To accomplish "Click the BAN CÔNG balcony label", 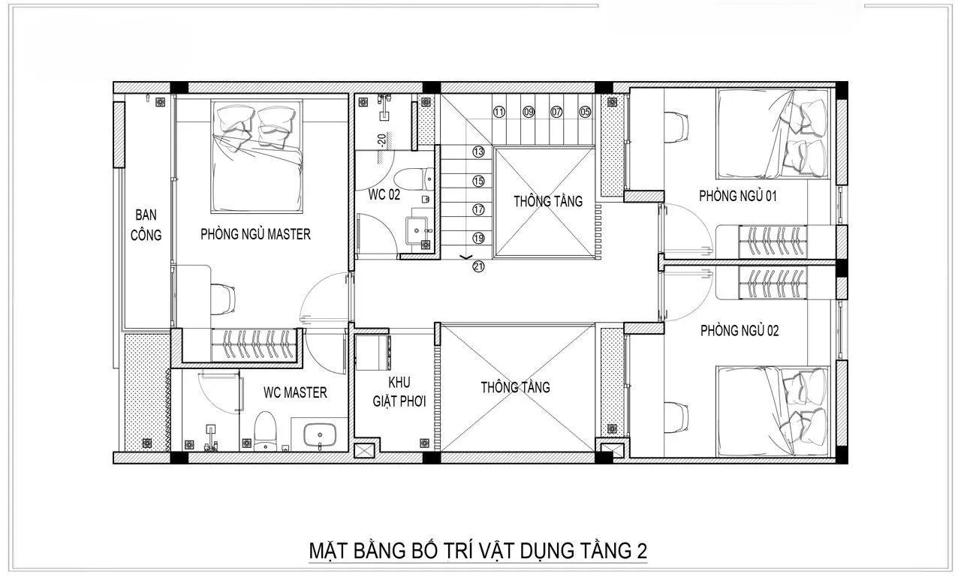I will [146, 224].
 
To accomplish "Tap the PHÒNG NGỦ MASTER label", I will [255, 234].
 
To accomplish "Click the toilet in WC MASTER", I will [264, 432].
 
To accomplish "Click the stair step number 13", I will [478, 152].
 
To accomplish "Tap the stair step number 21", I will [478, 266].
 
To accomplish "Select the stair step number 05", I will [585, 113].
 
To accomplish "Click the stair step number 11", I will [499, 113].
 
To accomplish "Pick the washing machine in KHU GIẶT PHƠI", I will [373, 351].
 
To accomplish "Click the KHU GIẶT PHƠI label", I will [399, 392].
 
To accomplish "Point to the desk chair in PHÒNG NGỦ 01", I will [676, 125].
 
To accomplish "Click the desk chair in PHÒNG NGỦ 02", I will [676, 416].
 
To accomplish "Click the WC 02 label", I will [384, 194].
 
